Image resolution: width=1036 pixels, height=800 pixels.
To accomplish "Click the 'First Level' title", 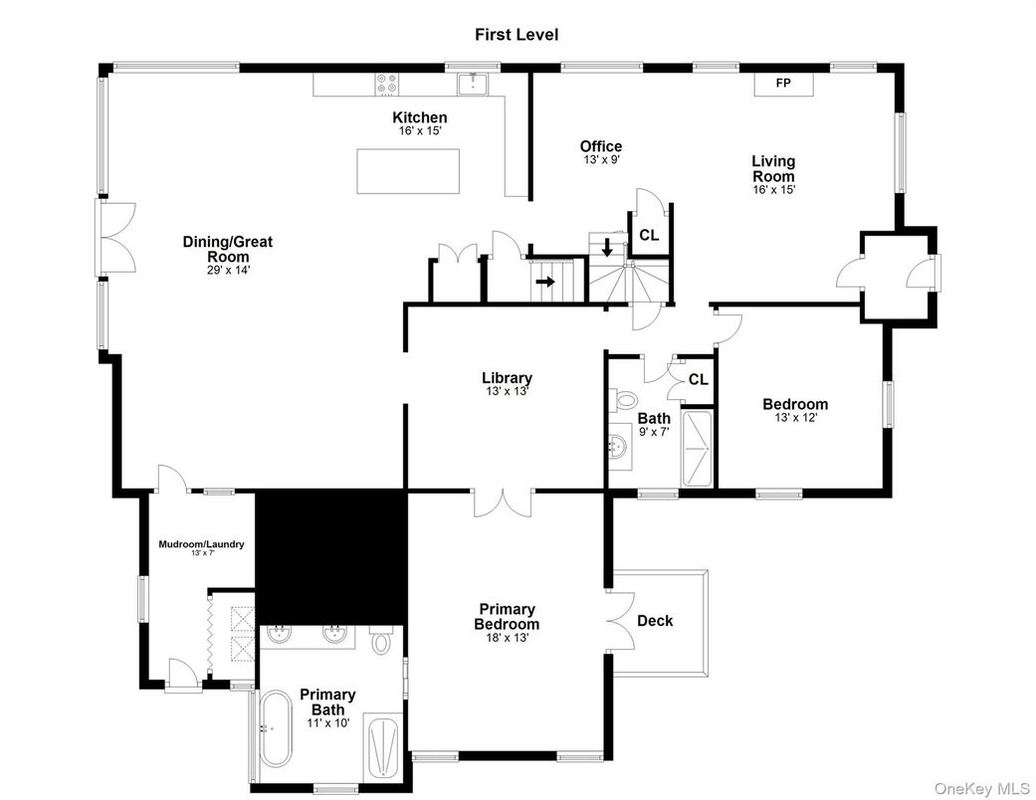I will click(x=516, y=35).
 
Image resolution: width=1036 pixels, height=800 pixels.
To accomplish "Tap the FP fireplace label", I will click(x=783, y=83).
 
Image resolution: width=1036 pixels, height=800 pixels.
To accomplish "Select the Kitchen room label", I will click(x=419, y=117).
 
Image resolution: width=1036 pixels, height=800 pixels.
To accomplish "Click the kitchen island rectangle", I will click(x=408, y=171).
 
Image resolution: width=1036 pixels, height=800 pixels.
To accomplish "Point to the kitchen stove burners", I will click(x=386, y=86).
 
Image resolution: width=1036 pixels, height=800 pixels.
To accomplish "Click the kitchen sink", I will click(x=471, y=84).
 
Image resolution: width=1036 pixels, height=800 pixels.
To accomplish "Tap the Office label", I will click(x=601, y=146).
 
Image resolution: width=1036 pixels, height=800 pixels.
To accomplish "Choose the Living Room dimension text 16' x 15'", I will click(x=773, y=189).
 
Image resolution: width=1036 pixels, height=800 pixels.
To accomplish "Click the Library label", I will click(x=507, y=378).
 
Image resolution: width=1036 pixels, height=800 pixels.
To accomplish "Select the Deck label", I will click(x=655, y=621).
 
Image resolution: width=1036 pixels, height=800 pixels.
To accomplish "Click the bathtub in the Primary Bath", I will click(x=277, y=728).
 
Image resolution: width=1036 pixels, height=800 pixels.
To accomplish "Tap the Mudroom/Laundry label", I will click(x=201, y=544).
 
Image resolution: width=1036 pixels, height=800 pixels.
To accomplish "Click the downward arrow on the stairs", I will click(x=608, y=246).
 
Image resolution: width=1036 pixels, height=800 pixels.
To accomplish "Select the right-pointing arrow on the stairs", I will click(x=544, y=282).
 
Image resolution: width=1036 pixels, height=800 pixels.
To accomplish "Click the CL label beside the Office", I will click(x=648, y=236).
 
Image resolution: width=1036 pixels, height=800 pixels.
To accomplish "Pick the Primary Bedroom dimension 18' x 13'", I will click(x=507, y=639).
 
